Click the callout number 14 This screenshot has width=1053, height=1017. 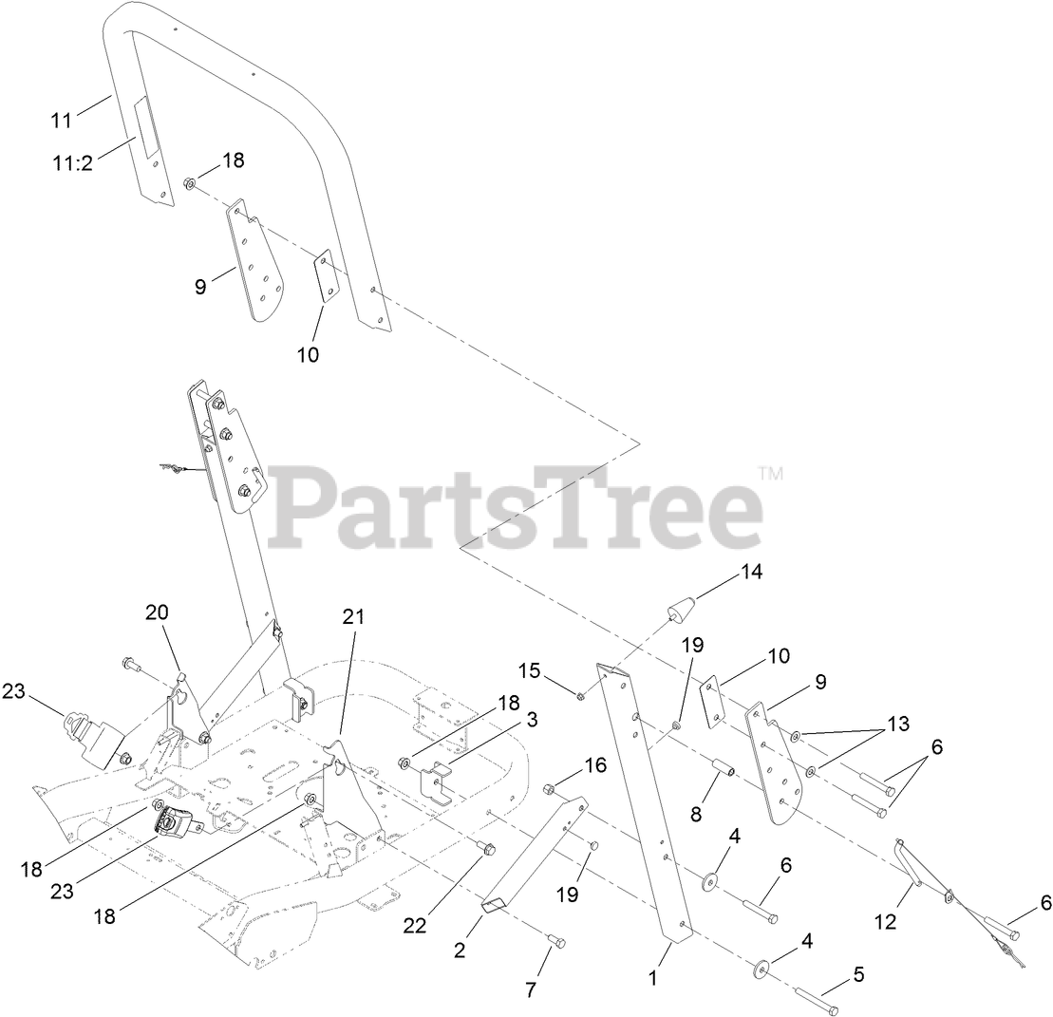pos(751,573)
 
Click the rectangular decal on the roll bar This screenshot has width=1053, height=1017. pos(145,128)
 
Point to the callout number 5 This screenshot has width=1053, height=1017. pos(858,973)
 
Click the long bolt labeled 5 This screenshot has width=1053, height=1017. pos(816,1000)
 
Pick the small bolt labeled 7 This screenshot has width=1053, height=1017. pos(556,940)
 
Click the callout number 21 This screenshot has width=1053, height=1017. pos(353,616)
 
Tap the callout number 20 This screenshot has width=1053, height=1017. pos(157,612)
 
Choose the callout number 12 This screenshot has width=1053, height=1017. pos(886,921)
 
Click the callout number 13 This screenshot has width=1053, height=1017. pos(896,725)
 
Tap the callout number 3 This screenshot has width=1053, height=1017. pos(533,720)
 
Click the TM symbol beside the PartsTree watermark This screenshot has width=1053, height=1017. pos(771,473)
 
